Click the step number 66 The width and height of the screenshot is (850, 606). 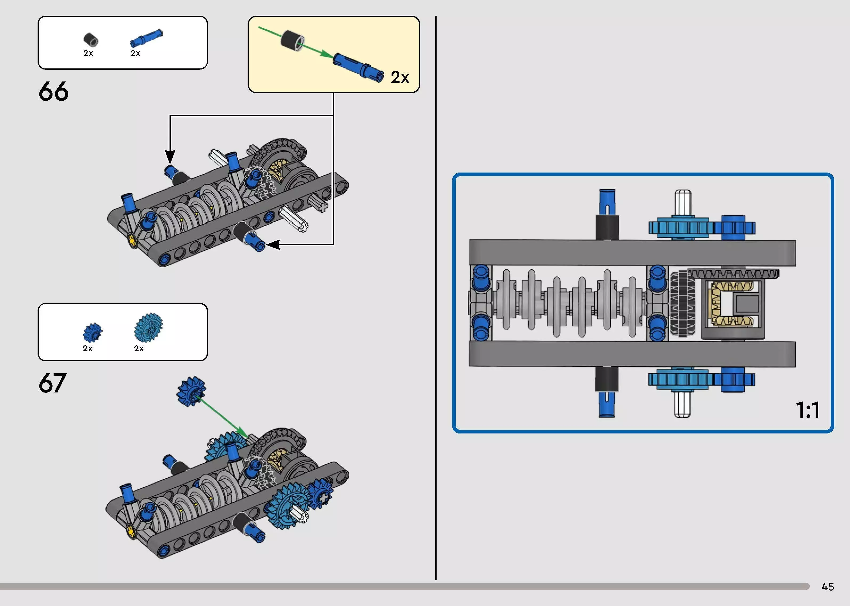tap(53, 91)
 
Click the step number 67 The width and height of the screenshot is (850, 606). tap(52, 383)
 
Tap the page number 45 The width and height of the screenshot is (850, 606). tap(828, 587)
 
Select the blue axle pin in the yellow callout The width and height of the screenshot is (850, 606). tap(358, 66)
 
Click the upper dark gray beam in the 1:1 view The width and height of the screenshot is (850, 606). tap(632, 253)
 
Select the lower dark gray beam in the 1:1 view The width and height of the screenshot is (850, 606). tap(632, 354)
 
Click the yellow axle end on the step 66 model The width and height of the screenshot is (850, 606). tap(131, 240)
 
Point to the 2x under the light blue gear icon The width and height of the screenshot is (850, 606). tap(139, 349)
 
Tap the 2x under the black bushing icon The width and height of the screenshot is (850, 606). tap(88, 53)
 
